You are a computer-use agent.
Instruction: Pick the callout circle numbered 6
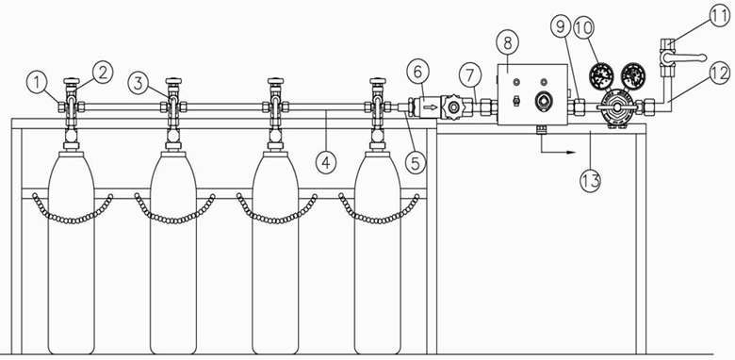418,73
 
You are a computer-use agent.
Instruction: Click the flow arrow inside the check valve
431,107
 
